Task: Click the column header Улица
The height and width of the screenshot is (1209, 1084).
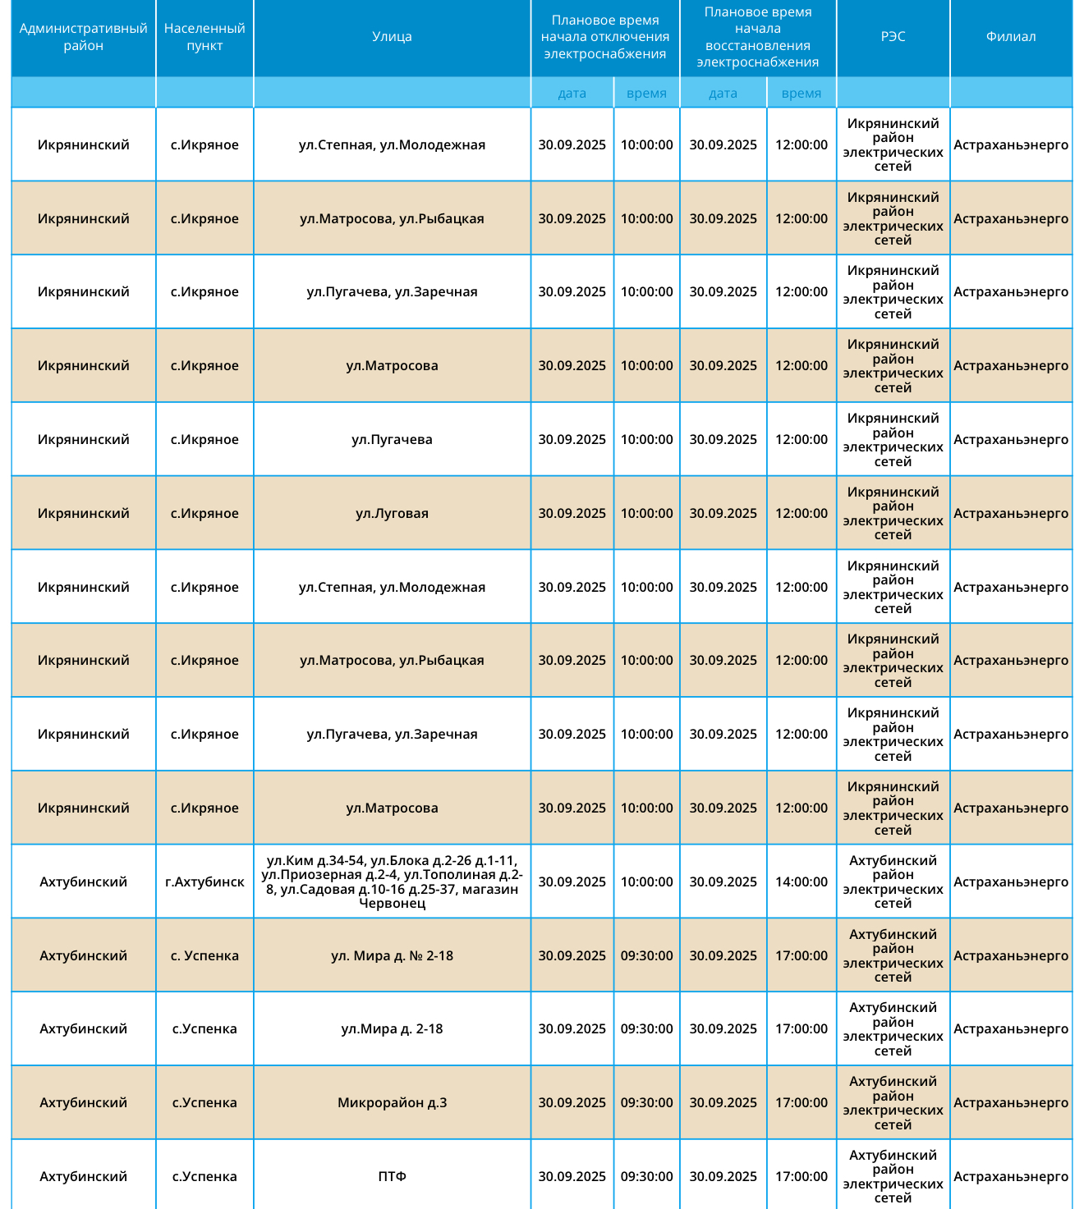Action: [392, 37]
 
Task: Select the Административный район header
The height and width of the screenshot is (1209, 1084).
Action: [83, 37]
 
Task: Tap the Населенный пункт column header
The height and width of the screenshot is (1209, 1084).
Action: [204, 37]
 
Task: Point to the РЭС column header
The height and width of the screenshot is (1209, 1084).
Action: [893, 37]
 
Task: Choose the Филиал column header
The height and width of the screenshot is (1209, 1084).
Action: [1011, 37]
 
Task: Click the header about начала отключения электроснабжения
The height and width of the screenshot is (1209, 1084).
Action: [605, 37]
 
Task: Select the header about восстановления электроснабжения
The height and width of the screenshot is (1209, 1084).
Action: [757, 37]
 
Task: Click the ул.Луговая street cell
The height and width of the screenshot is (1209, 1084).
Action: [392, 513]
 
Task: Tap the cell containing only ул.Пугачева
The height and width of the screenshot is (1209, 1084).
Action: [392, 439]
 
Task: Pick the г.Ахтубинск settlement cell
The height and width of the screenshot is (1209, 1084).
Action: [204, 882]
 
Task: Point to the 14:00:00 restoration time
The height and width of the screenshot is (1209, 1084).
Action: [802, 882]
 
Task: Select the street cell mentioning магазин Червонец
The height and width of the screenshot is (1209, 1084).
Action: [392, 882]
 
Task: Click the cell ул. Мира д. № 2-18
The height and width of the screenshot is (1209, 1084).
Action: [392, 955]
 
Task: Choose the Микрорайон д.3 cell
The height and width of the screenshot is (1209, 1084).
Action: [392, 1102]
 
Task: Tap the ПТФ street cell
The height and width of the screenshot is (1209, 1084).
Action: [392, 1176]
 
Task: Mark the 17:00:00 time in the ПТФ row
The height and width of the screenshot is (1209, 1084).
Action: [802, 1176]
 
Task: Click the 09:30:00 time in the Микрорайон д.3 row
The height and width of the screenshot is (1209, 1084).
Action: [646, 1102]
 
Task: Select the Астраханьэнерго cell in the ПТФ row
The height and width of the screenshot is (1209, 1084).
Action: [1011, 1176]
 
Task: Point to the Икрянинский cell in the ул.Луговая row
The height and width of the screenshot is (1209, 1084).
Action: [83, 513]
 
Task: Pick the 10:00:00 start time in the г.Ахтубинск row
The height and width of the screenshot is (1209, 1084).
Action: [646, 882]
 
